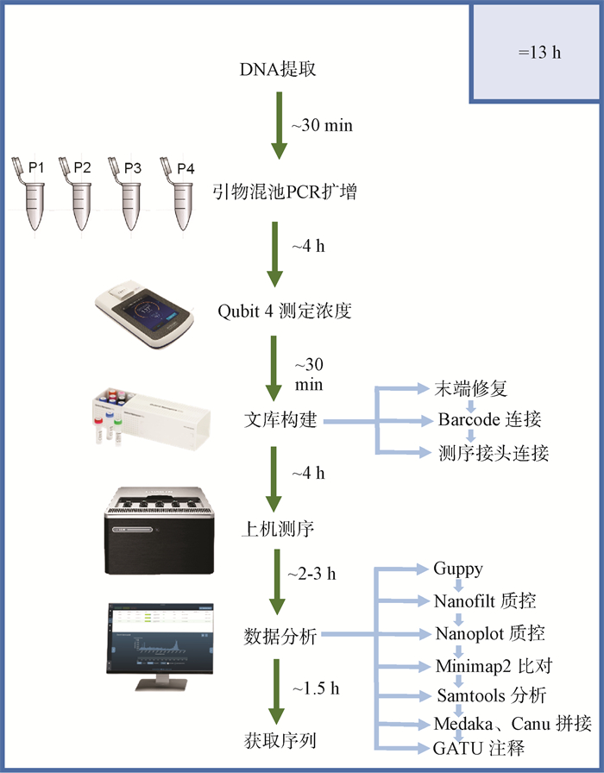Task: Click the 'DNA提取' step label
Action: point(277,69)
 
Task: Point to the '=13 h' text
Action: point(539,52)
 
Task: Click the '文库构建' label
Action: point(281,422)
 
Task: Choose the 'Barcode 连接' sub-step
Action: point(488,420)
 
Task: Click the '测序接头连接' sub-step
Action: point(494,453)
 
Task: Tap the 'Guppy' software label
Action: point(458,569)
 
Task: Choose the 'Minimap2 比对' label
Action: point(493,666)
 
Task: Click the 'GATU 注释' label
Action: point(480,748)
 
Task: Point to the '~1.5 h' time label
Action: point(315,688)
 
